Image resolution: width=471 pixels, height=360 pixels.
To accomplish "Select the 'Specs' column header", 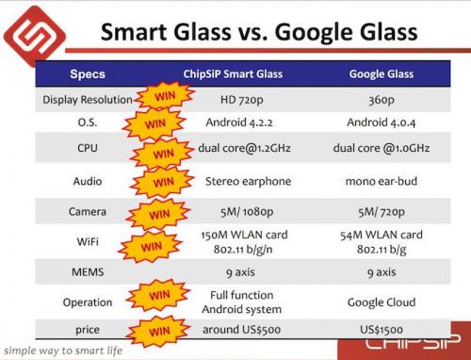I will point(88,74).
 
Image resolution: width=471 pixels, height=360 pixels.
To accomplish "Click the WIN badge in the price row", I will point(162,333).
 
